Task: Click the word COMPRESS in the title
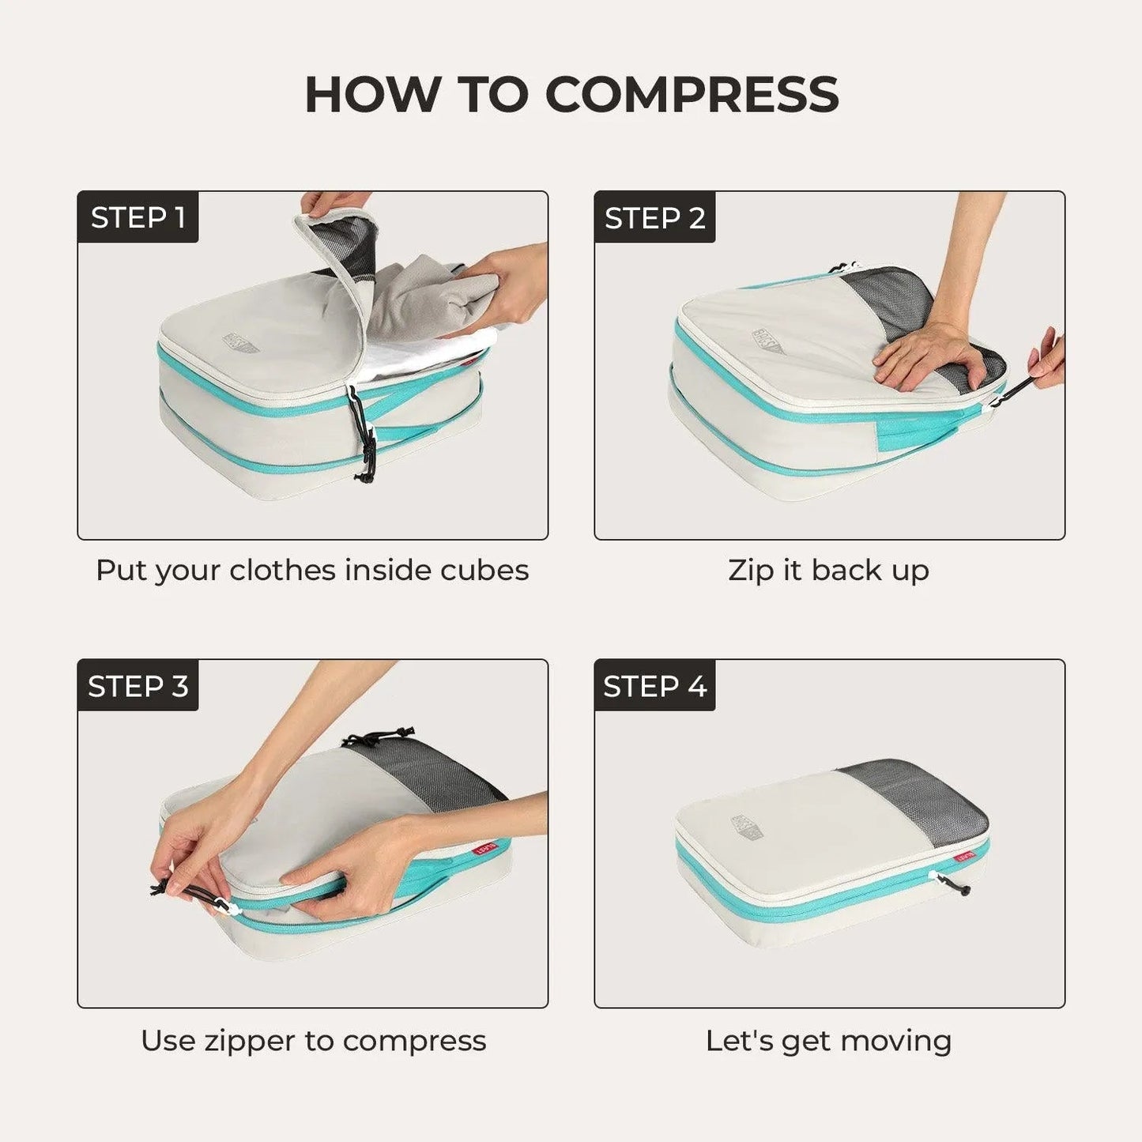[x=692, y=95]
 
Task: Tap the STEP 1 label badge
[x=138, y=217]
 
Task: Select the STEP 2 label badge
[x=654, y=217]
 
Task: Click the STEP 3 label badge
[x=138, y=686]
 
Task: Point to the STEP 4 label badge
[x=654, y=686]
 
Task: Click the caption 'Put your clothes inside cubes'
[x=312, y=571]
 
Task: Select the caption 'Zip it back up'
[x=828, y=571]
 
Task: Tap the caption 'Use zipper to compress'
[x=313, y=1041]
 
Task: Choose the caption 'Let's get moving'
[x=828, y=1041]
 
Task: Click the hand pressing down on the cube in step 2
[x=933, y=356]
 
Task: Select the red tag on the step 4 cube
[x=964, y=857]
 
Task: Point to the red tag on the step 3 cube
[x=484, y=848]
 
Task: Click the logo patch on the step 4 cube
[x=748, y=827]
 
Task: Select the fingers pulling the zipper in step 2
[x=1047, y=360]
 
